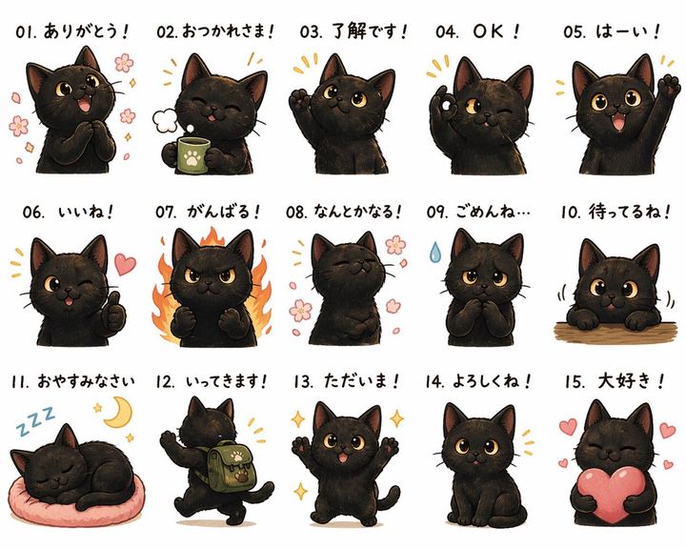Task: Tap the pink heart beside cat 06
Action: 125,264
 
